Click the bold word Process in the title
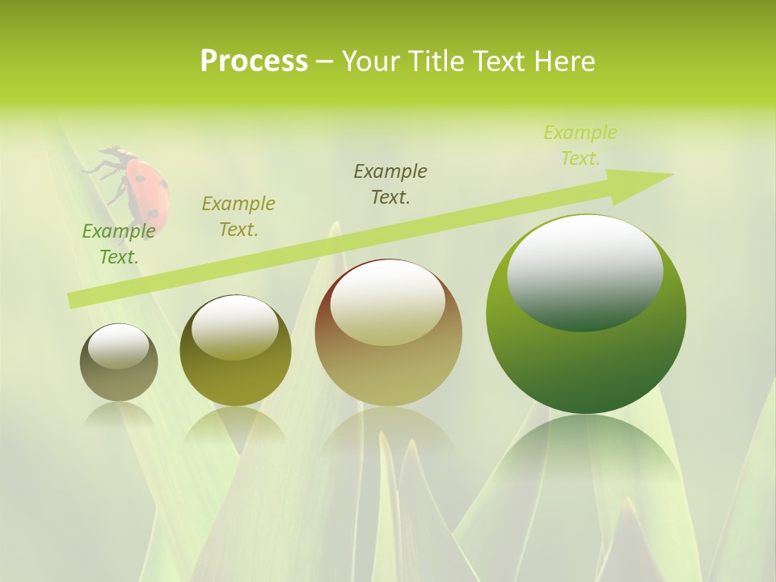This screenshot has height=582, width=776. tap(254, 61)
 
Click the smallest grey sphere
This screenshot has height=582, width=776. tap(119, 363)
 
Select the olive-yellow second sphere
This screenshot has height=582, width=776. tap(235, 351)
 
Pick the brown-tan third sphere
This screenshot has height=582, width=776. tap(388, 332)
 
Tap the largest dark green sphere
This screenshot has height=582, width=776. tap(586, 314)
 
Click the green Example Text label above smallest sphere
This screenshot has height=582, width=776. tap(119, 244)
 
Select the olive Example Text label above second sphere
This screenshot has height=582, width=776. tap(238, 217)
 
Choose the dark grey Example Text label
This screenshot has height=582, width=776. tap(390, 184)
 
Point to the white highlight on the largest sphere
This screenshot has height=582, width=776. tap(585, 271)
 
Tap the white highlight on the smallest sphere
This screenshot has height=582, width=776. tap(118, 347)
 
